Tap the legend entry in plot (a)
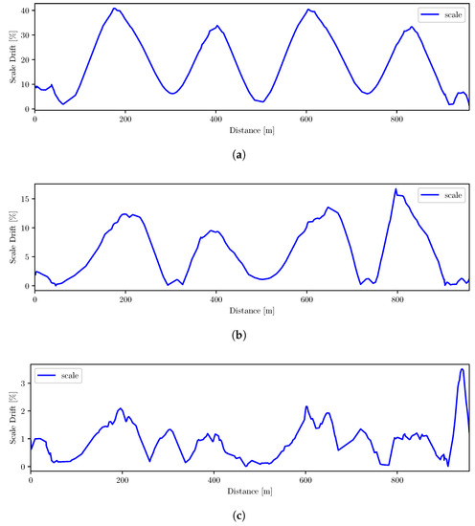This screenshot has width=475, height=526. click(437, 15)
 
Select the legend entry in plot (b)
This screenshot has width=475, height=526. click(437, 194)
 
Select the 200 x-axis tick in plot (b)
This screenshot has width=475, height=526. click(125, 298)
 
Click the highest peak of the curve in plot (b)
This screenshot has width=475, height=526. click(396, 189)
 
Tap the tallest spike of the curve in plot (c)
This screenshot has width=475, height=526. click(462, 369)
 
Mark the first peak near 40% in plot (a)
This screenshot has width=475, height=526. click(114, 9)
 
